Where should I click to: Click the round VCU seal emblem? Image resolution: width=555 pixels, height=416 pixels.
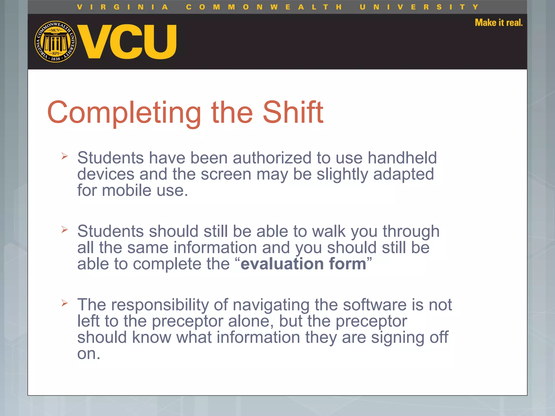(55, 41)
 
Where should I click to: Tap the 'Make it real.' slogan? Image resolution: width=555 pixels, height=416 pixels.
(498, 22)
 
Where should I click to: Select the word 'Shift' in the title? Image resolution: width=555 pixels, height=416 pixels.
(293, 112)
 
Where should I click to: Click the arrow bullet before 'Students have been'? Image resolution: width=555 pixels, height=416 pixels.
(64, 156)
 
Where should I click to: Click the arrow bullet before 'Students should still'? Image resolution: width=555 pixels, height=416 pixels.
(64, 229)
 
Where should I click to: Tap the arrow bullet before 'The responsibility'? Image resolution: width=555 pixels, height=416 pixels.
(64, 303)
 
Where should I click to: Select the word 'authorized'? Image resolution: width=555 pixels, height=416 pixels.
(272, 158)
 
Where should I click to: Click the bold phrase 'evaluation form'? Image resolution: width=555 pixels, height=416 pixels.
(303, 264)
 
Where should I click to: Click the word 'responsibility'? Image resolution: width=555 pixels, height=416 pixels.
(160, 305)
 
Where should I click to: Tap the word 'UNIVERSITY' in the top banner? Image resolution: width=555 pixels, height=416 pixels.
(419, 7)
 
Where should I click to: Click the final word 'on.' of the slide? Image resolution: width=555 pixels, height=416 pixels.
(89, 354)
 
